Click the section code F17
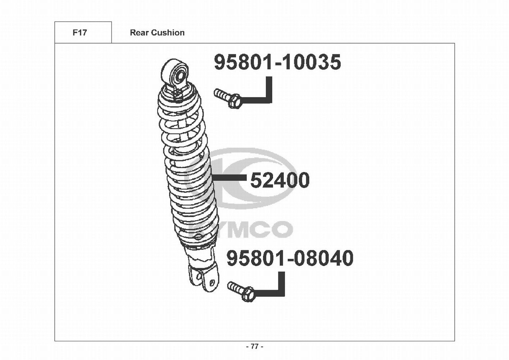click(x=80, y=33)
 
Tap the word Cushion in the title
click(x=168, y=33)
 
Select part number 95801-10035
click(x=277, y=62)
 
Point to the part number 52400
click(x=280, y=180)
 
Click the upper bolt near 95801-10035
click(x=228, y=98)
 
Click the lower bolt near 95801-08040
click(x=241, y=292)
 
